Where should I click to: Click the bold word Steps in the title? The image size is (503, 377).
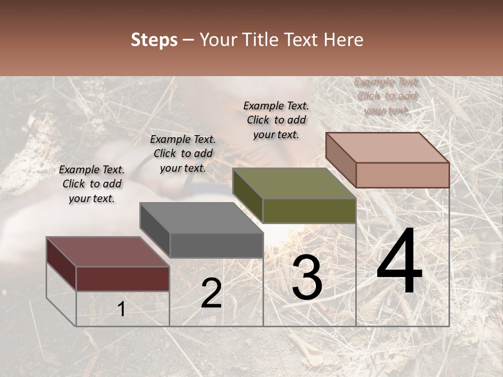pyautogui.click(x=154, y=40)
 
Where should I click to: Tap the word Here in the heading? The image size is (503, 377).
pyautogui.click(x=344, y=40)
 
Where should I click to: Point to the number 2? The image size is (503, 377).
pyautogui.click(x=211, y=293)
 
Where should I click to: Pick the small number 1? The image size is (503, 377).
pyautogui.click(x=122, y=309)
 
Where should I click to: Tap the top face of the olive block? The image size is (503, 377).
pyautogui.click(x=293, y=184)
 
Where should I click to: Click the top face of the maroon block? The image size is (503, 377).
pyautogui.click(x=107, y=252)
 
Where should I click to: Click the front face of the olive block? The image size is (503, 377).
pyautogui.click(x=309, y=210)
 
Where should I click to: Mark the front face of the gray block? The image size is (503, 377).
pyautogui.click(x=216, y=245)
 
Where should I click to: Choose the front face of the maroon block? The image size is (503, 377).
pyautogui.click(x=123, y=279)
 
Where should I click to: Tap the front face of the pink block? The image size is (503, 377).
pyautogui.click(x=402, y=174)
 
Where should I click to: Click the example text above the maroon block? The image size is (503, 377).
pyautogui.click(x=92, y=184)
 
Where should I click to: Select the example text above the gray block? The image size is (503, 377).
pyautogui.click(x=183, y=153)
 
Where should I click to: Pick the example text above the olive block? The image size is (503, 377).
pyautogui.click(x=276, y=120)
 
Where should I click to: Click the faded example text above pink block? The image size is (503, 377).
pyautogui.click(x=387, y=96)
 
